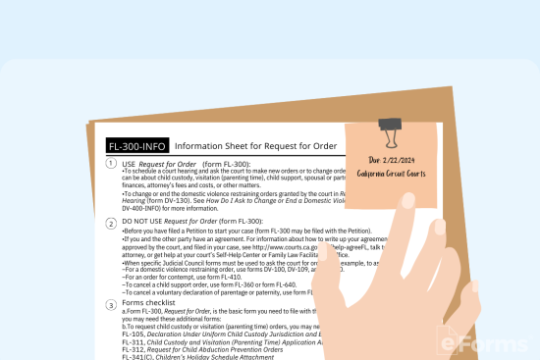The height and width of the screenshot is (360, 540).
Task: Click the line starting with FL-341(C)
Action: coord(187,357)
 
